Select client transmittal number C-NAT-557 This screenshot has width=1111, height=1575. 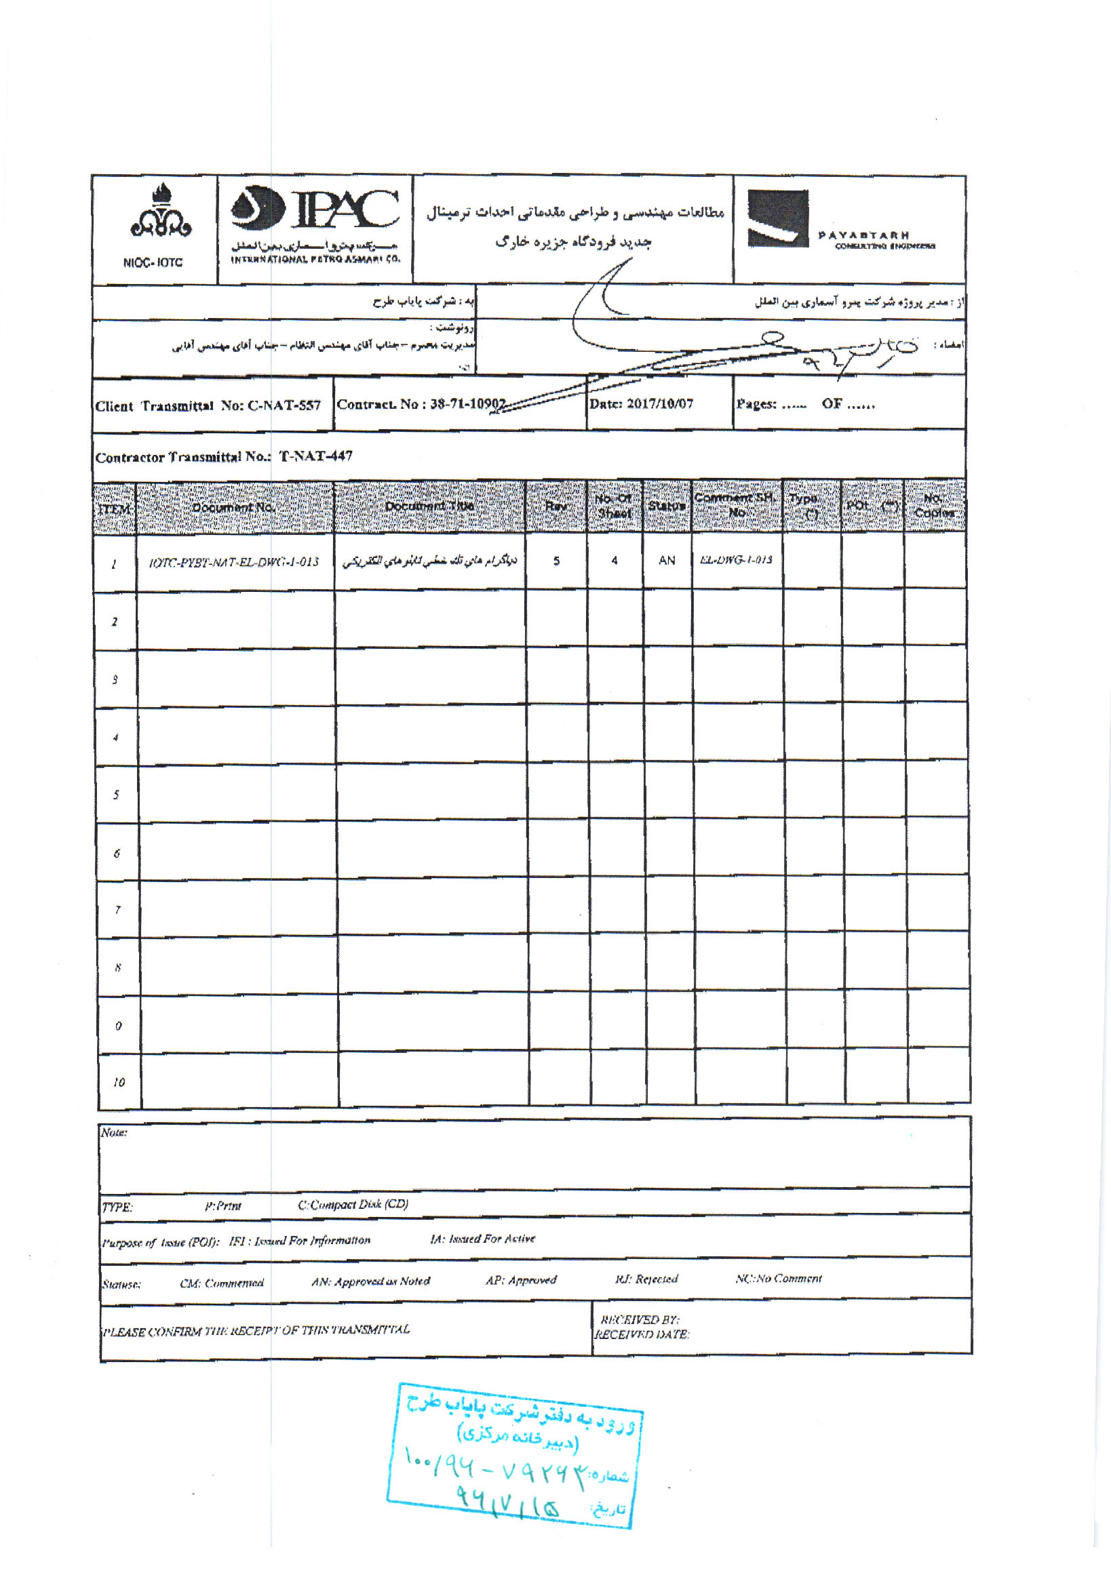click(284, 405)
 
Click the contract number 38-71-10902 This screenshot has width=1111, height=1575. click(467, 404)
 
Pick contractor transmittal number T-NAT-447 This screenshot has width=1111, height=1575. click(315, 456)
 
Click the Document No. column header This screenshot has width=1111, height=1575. click(233, 508)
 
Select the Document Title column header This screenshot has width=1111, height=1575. click(429, 506)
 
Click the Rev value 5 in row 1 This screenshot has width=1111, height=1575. click(557, 561)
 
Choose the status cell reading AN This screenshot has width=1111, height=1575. click(666, 561)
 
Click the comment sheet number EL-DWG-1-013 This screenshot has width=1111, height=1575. click(737, 560)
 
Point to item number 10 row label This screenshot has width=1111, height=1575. click(119, 1083)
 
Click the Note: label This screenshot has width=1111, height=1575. click(114, 1132)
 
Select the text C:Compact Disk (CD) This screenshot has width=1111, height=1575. click(353, 1205)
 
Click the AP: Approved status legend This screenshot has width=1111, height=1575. click(521, 1280)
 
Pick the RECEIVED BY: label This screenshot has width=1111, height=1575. click(640, 1320)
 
